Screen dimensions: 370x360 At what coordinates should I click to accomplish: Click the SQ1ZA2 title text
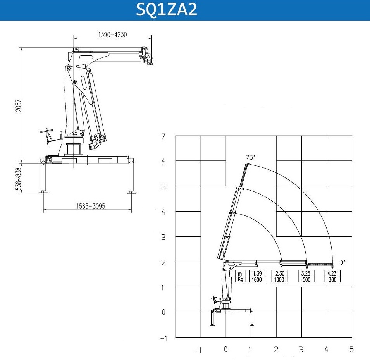click(167, 10)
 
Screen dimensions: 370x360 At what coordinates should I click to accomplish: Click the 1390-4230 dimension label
click(113, 35)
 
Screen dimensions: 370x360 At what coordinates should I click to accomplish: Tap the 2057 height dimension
click(19, 105)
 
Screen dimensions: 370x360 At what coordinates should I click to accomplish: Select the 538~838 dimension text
click(19, 179)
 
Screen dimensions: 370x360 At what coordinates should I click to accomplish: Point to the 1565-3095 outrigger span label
click(91, 206)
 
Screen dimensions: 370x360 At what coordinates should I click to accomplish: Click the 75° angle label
click(250, 157)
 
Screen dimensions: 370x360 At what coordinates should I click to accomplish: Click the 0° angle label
click(343, 262)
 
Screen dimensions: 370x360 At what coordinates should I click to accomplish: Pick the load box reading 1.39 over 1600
click(257, 276)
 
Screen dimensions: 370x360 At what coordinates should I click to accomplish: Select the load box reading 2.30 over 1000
click(279, 276)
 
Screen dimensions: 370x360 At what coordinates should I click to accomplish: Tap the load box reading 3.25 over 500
click(306, 276)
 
